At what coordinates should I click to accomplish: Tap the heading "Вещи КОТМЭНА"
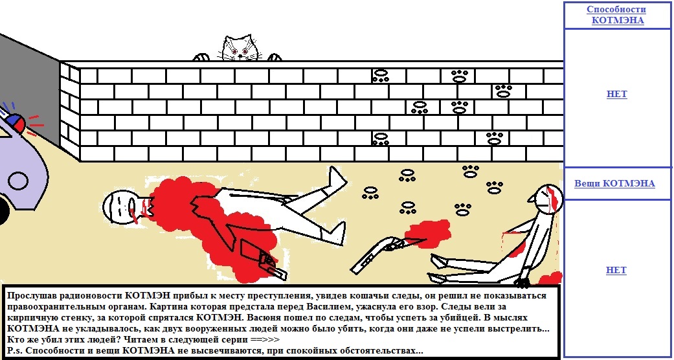click(614, 184)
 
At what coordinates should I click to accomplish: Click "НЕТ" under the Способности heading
click(616, 94)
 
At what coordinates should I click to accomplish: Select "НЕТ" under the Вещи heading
click(616, 270)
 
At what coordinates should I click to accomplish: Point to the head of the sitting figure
click(546, 198)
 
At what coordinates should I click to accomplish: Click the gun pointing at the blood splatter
click(378, 254)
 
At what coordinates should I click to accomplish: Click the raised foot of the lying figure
click(337, 177)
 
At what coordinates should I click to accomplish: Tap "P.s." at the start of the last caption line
click(16, 350)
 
